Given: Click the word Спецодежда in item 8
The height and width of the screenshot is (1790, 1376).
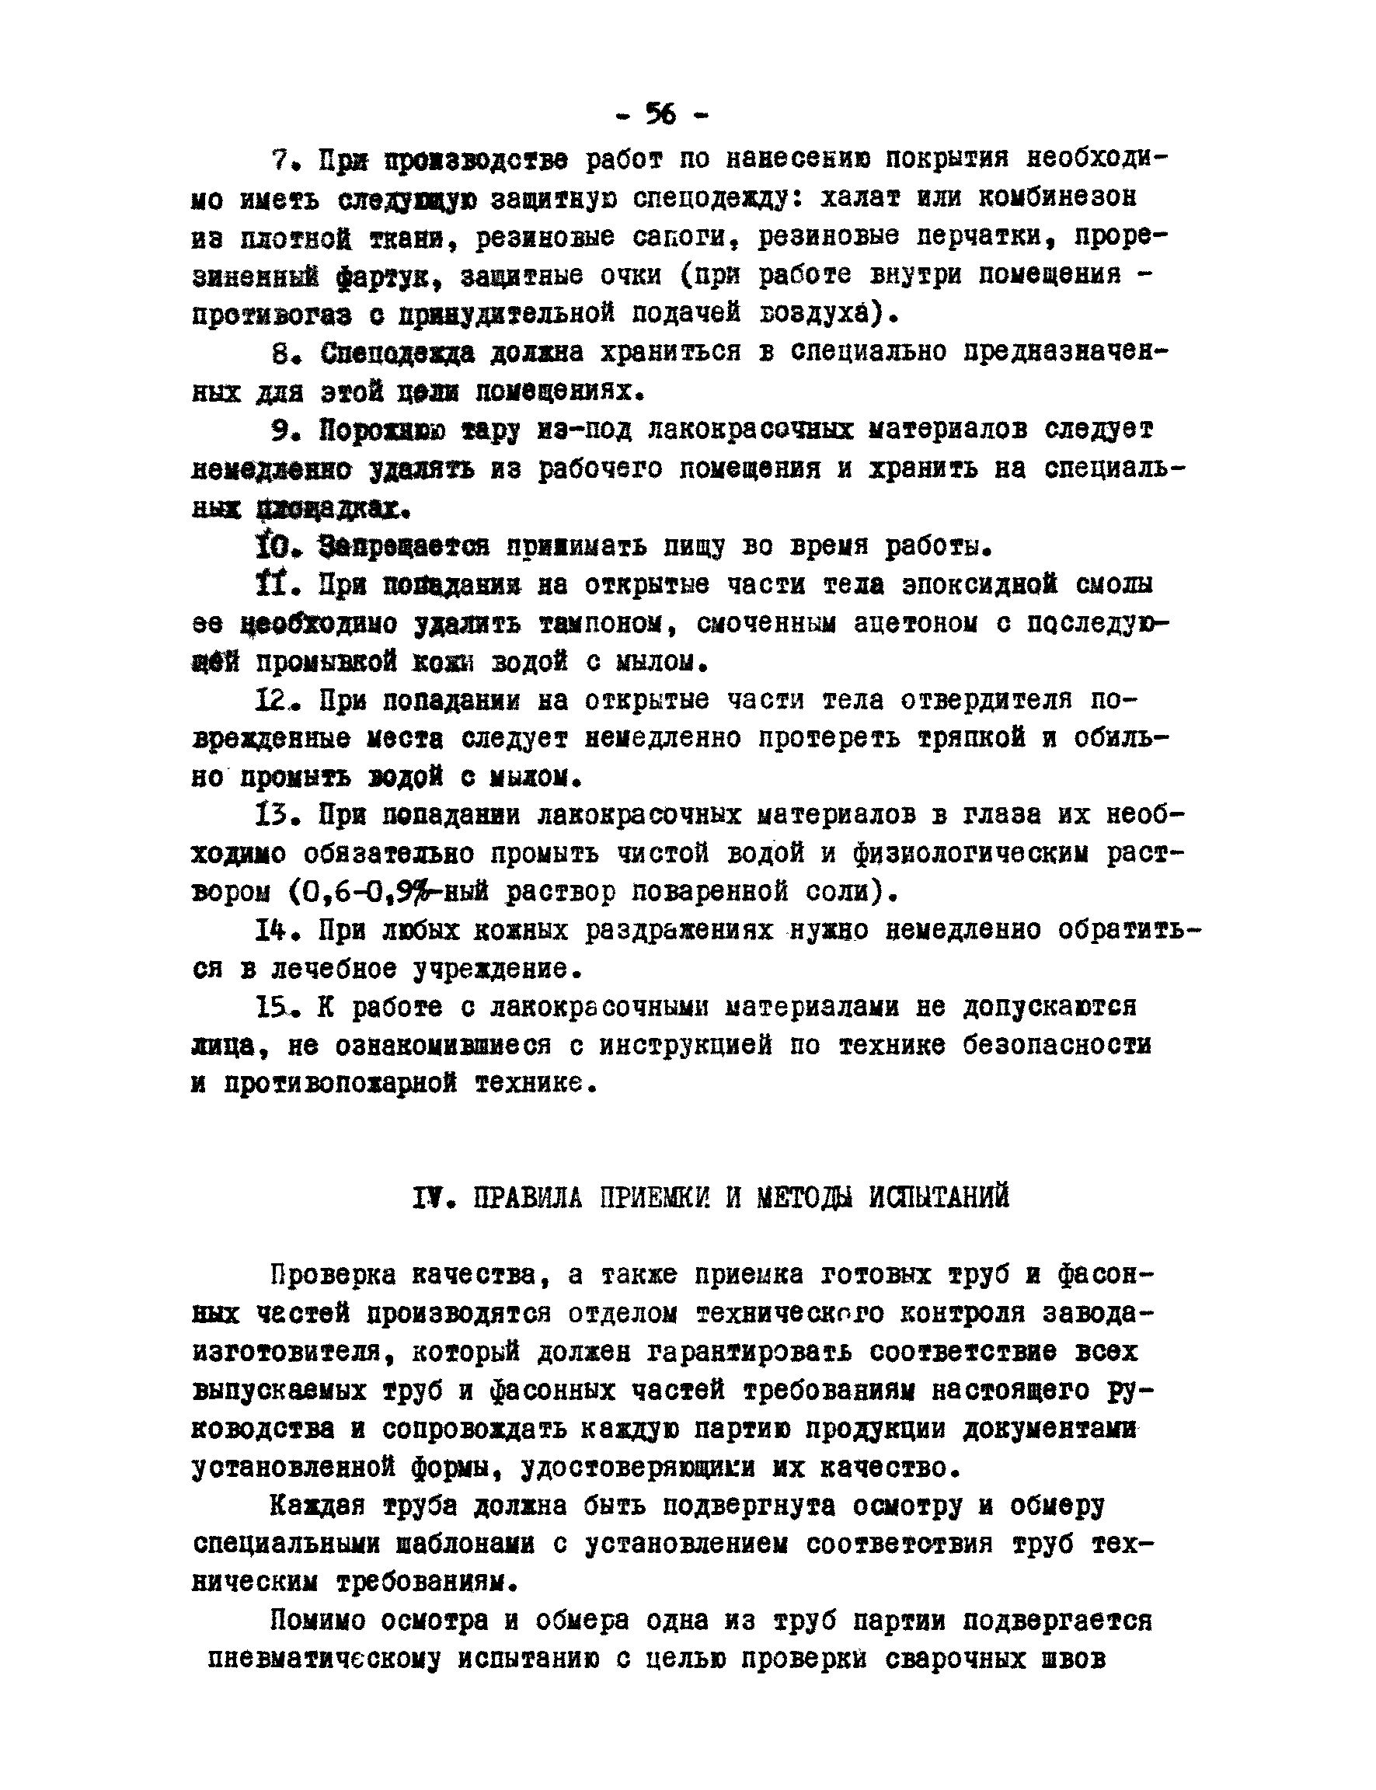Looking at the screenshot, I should pyautogui.click(x=397, y=353).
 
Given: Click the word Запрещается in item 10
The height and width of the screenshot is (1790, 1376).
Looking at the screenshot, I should pyautogui.click(x=404, y=545).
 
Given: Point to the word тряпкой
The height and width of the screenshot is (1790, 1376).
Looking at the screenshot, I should pyautogui.click(x=970, y=739).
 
